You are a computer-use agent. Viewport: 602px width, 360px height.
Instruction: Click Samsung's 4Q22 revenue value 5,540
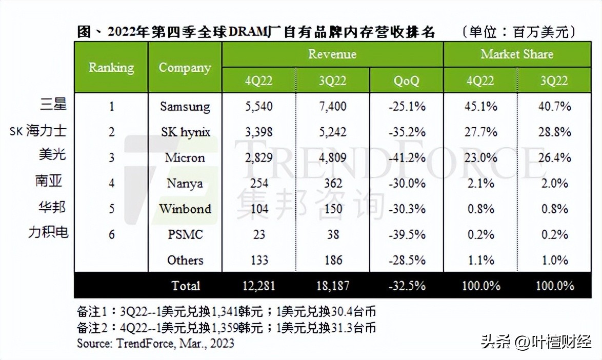tap(259, 107)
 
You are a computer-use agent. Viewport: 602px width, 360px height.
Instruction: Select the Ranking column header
tap(111, 67)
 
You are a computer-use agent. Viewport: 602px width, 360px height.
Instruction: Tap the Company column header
tap(185, 67)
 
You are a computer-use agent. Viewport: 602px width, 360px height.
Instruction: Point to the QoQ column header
tap(406, 81)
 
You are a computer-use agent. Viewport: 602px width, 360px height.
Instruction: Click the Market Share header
tap(517, 54)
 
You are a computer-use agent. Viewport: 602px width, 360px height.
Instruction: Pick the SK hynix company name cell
tap(185, 132)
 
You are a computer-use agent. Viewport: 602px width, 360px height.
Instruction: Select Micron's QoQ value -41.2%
tap(406, 158)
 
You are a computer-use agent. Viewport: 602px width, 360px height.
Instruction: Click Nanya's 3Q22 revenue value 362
tap(333, 184)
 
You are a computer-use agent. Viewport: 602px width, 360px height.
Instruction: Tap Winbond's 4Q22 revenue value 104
tap(259, 209)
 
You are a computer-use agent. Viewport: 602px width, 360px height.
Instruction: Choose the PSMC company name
tap(185, 235)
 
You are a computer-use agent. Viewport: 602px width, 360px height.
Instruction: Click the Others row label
tap(185, 261)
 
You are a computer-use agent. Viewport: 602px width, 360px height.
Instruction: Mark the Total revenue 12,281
tap(259, 286)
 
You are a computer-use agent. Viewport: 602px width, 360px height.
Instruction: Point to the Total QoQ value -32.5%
tap(406, 286)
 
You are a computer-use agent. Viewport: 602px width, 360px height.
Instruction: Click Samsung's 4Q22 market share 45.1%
tap(480, 107)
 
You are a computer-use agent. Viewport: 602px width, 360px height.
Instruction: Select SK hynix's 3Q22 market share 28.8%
tap(554, 132)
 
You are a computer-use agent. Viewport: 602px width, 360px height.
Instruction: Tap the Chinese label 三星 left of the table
tap(53, 105)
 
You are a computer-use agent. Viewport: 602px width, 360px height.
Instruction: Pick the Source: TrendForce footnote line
tap(155, 343)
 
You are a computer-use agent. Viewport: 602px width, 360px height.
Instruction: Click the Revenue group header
tap(332, 54)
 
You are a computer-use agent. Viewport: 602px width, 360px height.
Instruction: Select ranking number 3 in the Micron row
tap(111, 158)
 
